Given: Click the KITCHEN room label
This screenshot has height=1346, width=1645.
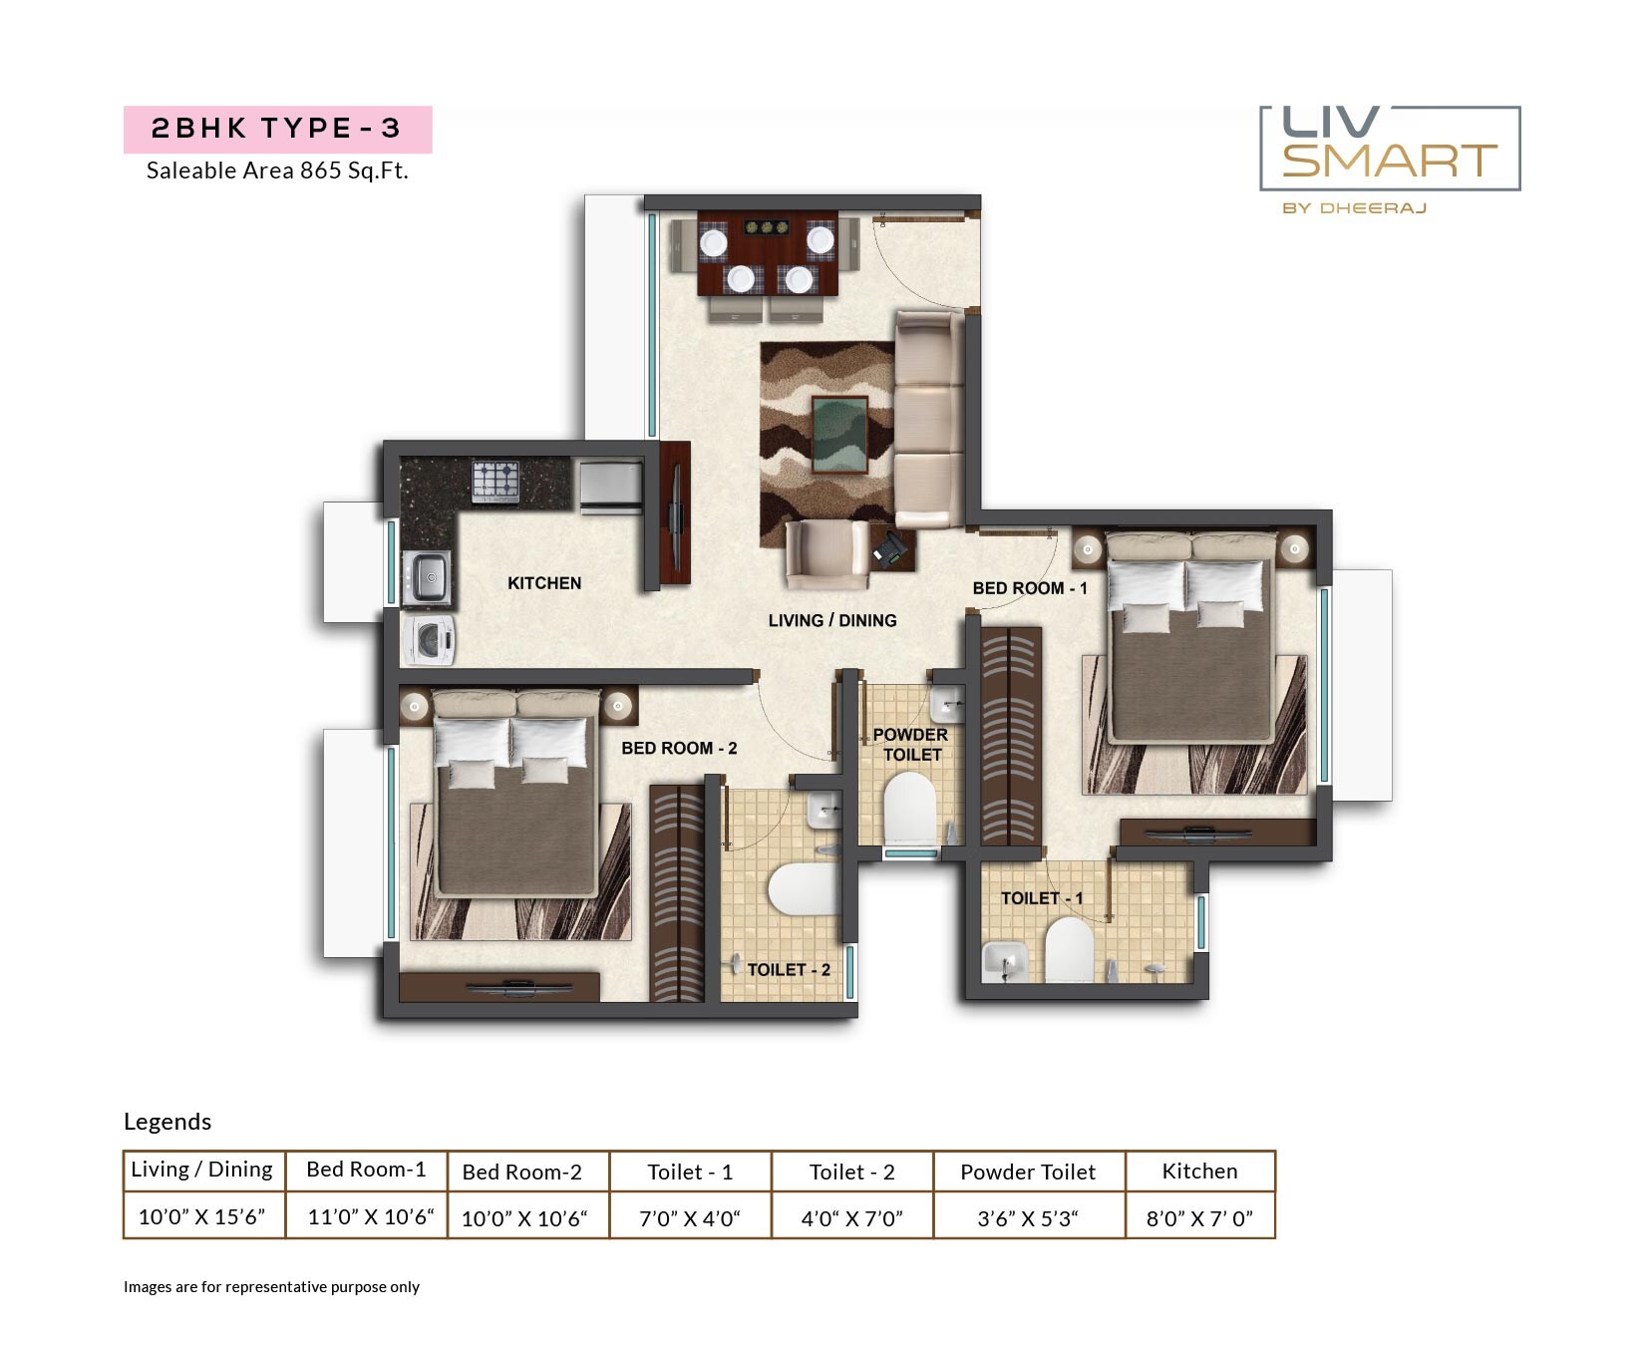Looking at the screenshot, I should [x=543, y=583].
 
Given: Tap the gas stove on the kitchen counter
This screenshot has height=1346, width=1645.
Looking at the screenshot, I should [x=494, y=482].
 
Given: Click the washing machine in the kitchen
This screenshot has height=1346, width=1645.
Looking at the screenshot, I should [x=429, y=640].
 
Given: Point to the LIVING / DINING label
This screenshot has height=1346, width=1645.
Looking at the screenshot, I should [x=831, y=620].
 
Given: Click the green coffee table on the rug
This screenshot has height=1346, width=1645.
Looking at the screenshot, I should [x=839, y=434].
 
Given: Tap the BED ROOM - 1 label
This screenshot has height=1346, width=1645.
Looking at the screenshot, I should [x=1029, y=588].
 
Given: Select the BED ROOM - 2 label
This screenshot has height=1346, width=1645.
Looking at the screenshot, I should [x=679, y=748].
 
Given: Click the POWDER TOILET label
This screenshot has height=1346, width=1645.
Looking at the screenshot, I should [x=910, y=745].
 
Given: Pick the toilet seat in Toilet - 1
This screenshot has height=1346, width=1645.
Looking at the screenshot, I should [x=1069, y=949].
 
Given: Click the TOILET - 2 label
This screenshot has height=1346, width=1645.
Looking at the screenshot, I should [x=789, y=969].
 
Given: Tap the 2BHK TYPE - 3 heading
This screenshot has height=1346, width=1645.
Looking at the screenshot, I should [x=276, y=129].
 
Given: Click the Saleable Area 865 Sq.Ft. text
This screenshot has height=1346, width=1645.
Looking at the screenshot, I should [x=277, y=170].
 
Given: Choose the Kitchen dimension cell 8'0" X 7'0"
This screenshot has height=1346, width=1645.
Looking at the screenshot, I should [x=1199, y=1217].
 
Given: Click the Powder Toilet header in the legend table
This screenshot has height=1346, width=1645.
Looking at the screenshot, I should [x=1028, y=1173].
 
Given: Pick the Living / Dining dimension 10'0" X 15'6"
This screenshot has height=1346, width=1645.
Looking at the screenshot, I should [x=202, y=1216].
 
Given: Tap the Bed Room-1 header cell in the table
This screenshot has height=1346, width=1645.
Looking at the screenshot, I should [x=366, y=1170].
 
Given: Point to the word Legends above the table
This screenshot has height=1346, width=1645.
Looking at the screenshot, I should [x=167, y=1122].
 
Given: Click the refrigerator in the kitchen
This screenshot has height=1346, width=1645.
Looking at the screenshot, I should [x=610, y=486].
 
